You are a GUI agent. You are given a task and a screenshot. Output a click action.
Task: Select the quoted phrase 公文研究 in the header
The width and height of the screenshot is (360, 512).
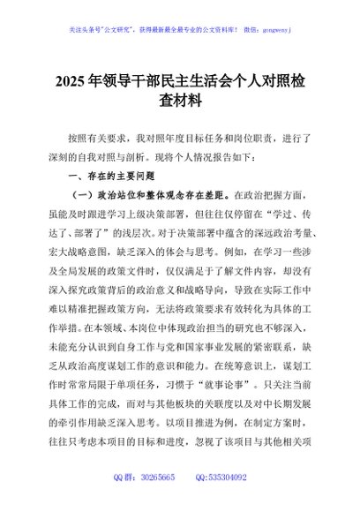(x=133, y=27)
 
